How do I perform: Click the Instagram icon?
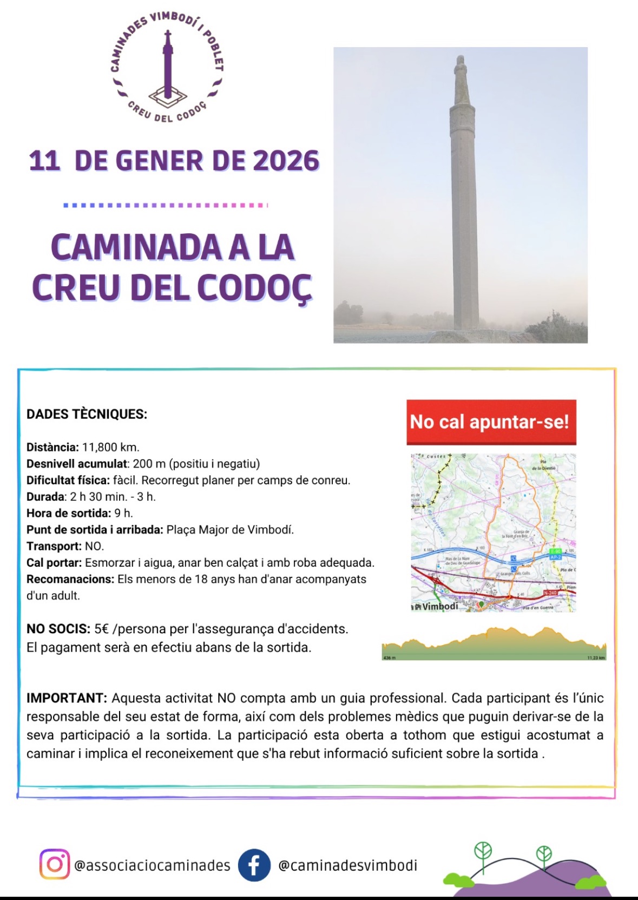[x=54, y=864]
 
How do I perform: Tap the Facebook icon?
[x=254, y=865]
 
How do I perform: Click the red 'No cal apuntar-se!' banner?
[x=491, y=422]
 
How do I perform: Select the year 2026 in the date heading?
[x=286, y=161]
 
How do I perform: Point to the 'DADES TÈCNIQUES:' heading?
[x=87, y=414]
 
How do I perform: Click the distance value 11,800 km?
[x=110, y=447]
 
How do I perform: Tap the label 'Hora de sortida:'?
[x=69, y=513]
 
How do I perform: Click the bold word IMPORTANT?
[x=67, y=698]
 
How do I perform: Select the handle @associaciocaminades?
[x=152, y=865]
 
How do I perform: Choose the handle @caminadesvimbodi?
[x=347, y=865]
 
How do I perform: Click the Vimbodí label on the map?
[x=439, y=607]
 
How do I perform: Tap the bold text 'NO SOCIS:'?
[x=58, y=629]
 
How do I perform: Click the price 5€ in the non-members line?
[x=101, y=629]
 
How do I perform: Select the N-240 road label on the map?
[x=550, y=593]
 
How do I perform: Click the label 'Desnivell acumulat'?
[x=77, y=464]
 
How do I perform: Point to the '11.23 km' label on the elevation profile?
[x=596, y=658]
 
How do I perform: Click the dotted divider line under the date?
[x=165, y=206]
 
